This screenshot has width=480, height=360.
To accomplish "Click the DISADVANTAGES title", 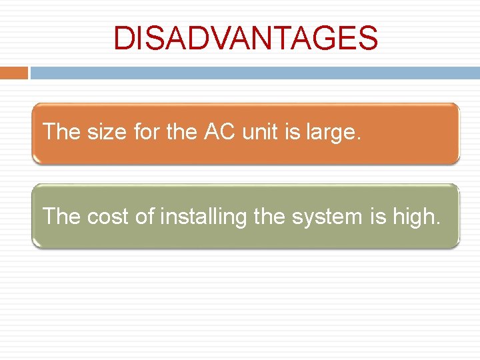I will [x=245, y=38].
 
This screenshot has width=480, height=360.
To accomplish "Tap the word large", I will [x=334, y=133].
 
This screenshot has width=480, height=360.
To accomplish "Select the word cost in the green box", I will [x=109, y=216].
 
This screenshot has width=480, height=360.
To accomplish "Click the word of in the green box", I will [x=146, y=215].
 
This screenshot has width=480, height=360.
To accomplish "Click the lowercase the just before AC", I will [x=181, y=131].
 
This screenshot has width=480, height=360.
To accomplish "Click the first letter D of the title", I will [x=123, y=38].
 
